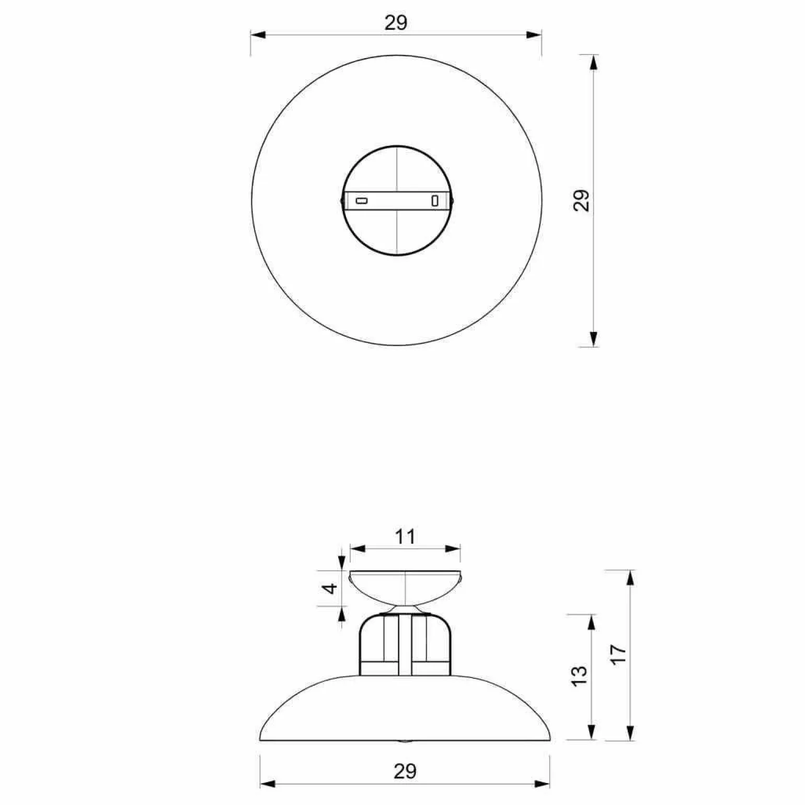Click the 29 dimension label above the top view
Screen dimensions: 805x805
[x=396, y=22]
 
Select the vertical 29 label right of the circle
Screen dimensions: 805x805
[x=581, y=200]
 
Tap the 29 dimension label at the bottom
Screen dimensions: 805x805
[x=405, y=771]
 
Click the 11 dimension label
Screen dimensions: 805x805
[x=405, y=537]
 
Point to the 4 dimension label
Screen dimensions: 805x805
[x=330, y=589]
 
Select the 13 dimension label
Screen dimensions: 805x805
[x=580, y=676]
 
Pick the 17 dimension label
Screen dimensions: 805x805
[x=618, y=654]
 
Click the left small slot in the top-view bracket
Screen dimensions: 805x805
[x=362, y=201]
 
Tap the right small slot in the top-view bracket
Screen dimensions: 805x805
[x=434, y=200]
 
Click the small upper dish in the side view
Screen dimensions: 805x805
[x=405, y=588]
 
